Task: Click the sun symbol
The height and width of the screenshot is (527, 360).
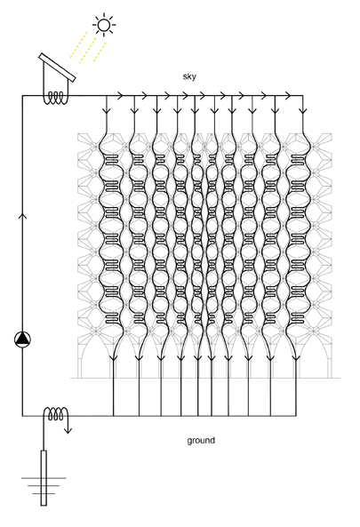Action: tap(104, 25)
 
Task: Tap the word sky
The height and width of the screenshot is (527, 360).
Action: tap(189, 76)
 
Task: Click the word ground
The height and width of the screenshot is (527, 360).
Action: tap(201, 441)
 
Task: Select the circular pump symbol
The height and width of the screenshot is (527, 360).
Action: tap(22, 339)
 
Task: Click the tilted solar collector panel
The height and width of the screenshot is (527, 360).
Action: tap(57, 68)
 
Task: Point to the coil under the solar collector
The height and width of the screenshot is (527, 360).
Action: tap(56, 98)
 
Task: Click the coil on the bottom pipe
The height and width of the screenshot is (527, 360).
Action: tap(56, 414)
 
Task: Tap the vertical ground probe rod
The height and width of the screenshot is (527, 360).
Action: tap(44, 477)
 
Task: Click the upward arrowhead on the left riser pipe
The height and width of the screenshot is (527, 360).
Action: tap(22, 215)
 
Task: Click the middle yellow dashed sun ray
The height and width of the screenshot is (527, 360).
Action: tap(88, 50)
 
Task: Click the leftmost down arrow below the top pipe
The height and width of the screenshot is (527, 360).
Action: tap(107, 109)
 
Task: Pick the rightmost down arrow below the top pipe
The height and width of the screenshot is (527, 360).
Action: tap(303, 109)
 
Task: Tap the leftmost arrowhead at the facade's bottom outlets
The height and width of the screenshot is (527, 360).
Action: tap(113, 357)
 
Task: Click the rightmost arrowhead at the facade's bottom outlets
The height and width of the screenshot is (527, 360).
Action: tap(296, 357)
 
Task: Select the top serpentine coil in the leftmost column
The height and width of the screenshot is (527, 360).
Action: tap(112, 160)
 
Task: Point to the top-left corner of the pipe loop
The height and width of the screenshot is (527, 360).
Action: tap(22, 96)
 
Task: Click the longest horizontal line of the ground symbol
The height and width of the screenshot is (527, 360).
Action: tap(44, 478)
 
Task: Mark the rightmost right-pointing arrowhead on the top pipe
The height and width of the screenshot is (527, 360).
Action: tap(287, 96)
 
